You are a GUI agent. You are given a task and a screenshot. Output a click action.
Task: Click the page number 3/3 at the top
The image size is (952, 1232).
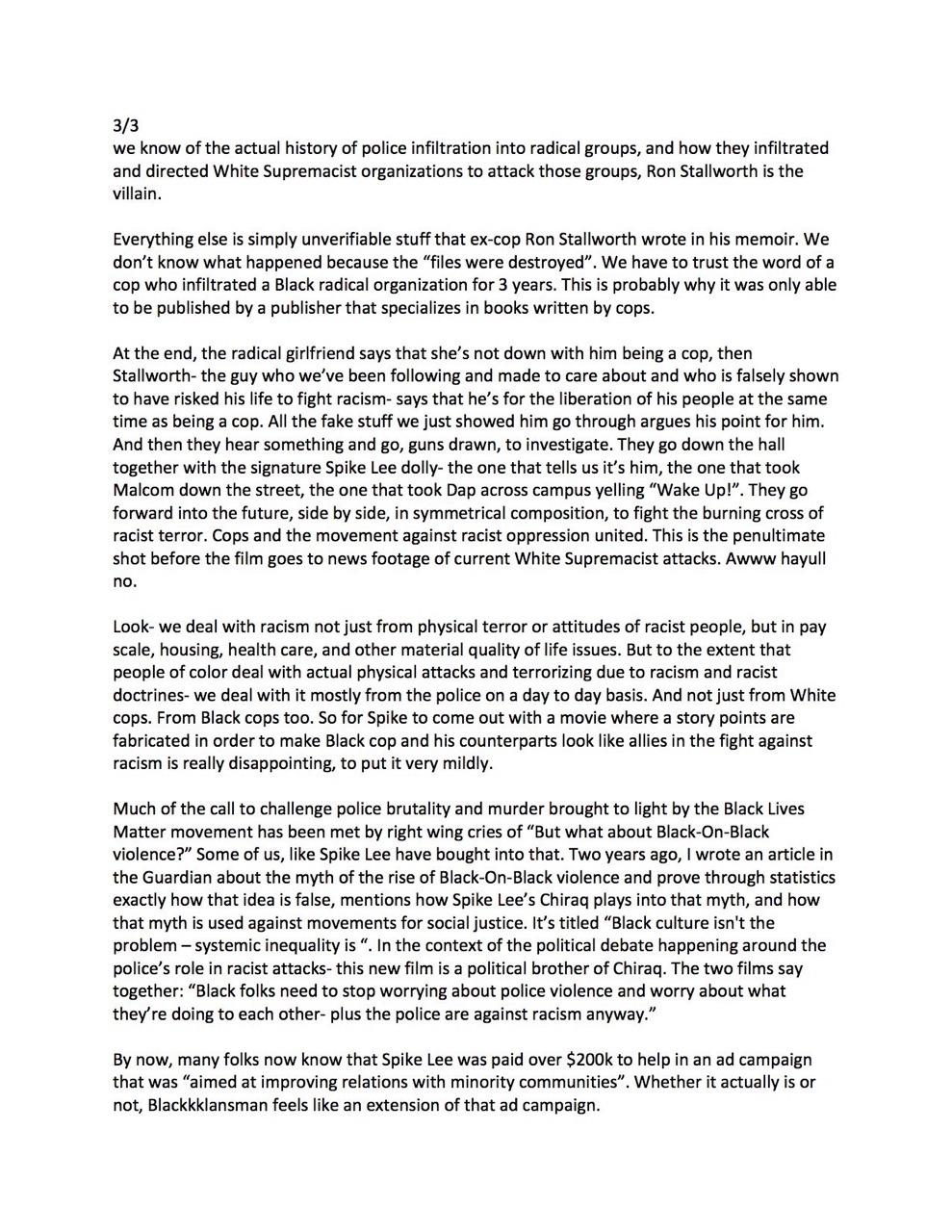125,125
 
